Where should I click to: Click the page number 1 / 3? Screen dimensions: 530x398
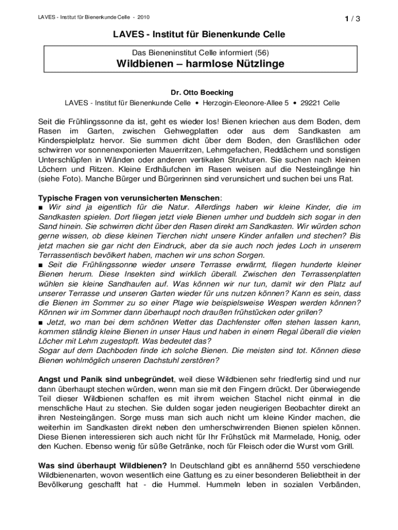coord(352,19)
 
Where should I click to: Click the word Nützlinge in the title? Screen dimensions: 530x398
coord(255,64)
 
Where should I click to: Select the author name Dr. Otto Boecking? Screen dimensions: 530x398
coord(199,92)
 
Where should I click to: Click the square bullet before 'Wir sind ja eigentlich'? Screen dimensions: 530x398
coord(41,207)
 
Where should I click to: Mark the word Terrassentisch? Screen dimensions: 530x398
coord(67,255)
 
